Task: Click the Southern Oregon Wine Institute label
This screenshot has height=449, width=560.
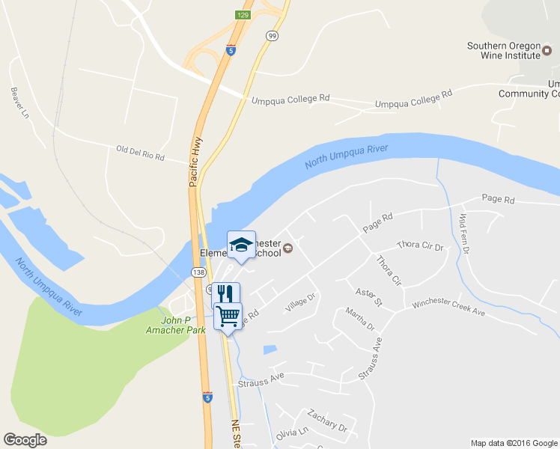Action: [503, 50]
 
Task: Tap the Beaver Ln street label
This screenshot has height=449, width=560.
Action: [19, 103]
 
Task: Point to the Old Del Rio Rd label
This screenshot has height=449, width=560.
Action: [140, 153]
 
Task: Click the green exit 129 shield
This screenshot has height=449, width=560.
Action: [243, 15]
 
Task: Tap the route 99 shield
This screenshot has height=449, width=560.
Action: [271, 35]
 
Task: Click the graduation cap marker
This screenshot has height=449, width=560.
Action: [241, 245]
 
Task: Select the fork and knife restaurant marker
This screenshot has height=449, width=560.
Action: [225, 293]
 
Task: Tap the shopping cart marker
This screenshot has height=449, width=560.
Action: [228, 316]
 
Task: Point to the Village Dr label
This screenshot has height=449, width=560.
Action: [301, 302]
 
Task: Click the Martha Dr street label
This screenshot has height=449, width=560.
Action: [360, 319]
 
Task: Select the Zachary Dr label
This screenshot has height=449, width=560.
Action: [328, 421]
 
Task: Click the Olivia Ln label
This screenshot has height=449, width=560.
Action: [292, 433]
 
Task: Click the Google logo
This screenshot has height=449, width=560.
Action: [25, 440]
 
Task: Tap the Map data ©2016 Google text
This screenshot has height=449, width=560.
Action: [514, 443]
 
